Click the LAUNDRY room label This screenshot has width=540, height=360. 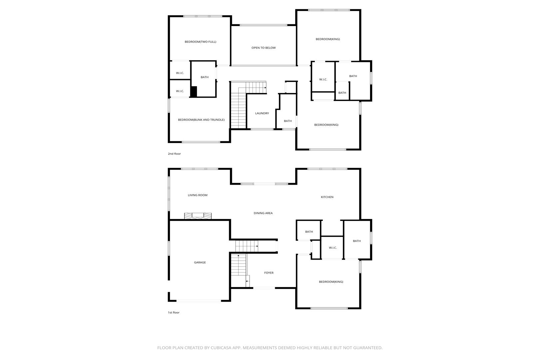pos(262,113)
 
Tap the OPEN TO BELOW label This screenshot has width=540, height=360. pos(264,48)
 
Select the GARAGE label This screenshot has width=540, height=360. pos(200,262)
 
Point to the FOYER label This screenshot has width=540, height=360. pos(269,273)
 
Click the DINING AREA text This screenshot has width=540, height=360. pos(263,213)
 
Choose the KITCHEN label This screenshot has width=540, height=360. pos(327,197)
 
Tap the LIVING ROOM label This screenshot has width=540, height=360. pos(198,195)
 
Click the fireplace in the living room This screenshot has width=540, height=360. pos(198,216)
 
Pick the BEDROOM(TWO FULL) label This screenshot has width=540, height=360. pos(200,42)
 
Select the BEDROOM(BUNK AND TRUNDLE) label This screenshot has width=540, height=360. pos(201,120)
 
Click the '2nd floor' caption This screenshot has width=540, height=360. pos(174,154)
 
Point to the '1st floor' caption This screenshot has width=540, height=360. pos(174,312)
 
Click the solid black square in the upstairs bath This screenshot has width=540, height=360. pos(194,91)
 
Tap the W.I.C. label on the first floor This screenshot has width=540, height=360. pos(333,248)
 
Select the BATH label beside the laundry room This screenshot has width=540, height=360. pos(287,121)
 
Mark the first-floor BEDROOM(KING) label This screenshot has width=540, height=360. pos(331,282)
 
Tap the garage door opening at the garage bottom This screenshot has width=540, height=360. pos(199,301)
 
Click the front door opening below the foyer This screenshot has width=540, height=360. pos(264,288)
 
